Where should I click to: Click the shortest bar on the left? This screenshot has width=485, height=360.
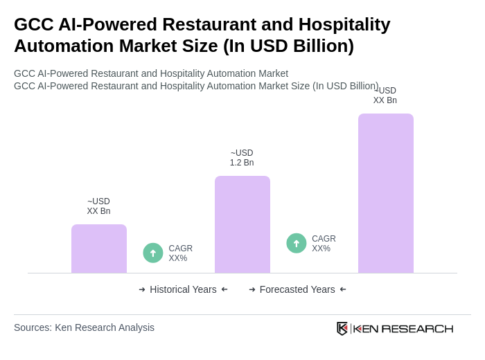coord(99,249)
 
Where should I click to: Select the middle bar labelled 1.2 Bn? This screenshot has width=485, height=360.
coord(242,224)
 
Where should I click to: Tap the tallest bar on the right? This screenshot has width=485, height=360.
coord(386,193)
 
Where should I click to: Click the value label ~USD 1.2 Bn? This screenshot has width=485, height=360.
coord(242,158)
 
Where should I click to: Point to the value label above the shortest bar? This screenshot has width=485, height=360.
coord(98,206)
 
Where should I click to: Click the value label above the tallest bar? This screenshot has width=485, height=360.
coord(385,96)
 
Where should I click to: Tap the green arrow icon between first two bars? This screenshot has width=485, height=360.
coord(153,253)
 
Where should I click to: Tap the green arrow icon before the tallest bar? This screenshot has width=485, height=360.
coord(297,244)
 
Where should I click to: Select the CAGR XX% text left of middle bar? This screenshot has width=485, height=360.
coord(181,253)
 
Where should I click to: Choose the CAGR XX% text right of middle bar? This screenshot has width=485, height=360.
coord(324,244)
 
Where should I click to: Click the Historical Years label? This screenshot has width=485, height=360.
coord(183,289)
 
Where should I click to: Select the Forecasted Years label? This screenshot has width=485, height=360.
coord(297,289)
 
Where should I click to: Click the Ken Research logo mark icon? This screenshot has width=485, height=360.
coord(342,328)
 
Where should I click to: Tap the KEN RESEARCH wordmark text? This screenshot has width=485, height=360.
coord(403,328)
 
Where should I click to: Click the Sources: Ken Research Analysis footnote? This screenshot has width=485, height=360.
coord(84,327)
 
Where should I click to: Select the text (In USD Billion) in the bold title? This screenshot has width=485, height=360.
coord(288,46)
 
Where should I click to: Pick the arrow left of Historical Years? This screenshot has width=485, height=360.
coord(142,289)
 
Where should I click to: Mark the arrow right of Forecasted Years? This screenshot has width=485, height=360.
coord(343,289)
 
